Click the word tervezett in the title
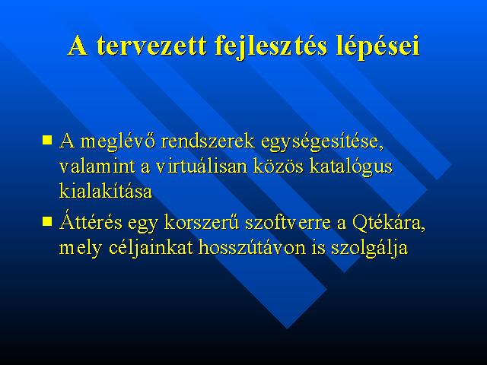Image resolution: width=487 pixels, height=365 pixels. (x=151, y=46)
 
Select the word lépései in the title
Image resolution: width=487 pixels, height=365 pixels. (x=377, y=47)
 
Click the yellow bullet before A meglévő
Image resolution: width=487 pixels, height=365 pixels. (x=47, y=140)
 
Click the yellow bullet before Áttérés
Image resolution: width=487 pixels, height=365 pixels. (x=47, y=221)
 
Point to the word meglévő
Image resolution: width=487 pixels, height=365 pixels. (x=118, y=142)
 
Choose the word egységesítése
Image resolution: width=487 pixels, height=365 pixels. (x=322, y=142)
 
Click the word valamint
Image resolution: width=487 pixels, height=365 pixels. (x=97, y=166)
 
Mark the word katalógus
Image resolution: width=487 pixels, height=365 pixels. (x=351, y=167)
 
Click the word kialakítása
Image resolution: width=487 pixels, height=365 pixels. (x=106, y=190)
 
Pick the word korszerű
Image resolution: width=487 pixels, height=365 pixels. (x=202, y=221)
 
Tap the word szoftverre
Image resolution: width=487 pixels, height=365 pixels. (x=288, y=221)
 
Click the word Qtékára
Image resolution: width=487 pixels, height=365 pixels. (x=389, y=222)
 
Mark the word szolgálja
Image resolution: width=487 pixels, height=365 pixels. (x=369, y=248)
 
